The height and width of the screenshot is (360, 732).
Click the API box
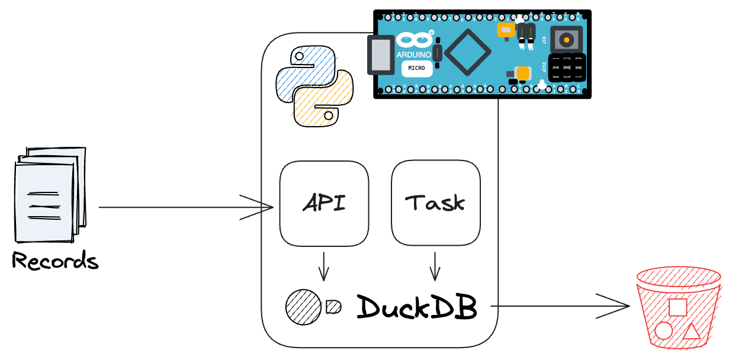click(324, 203)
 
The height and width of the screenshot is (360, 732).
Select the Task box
click(435, 203)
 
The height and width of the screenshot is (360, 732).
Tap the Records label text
click(55, 261)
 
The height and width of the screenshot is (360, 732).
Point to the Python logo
click(314, 88)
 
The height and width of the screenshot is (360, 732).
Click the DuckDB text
click(417, 307)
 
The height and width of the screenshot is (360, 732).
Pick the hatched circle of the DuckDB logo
click(303, 307)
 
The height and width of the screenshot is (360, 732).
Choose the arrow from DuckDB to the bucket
click(560, 306)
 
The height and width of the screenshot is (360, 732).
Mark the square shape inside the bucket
click(677, 307)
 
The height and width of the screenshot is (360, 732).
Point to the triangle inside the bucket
click(691, 331)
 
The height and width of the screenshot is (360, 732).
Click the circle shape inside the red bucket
click(663, 330)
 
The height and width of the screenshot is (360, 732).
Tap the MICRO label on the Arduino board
click(416, 68)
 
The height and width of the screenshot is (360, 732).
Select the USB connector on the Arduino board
click(381, 55)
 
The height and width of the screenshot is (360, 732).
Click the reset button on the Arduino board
click(567, 40)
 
